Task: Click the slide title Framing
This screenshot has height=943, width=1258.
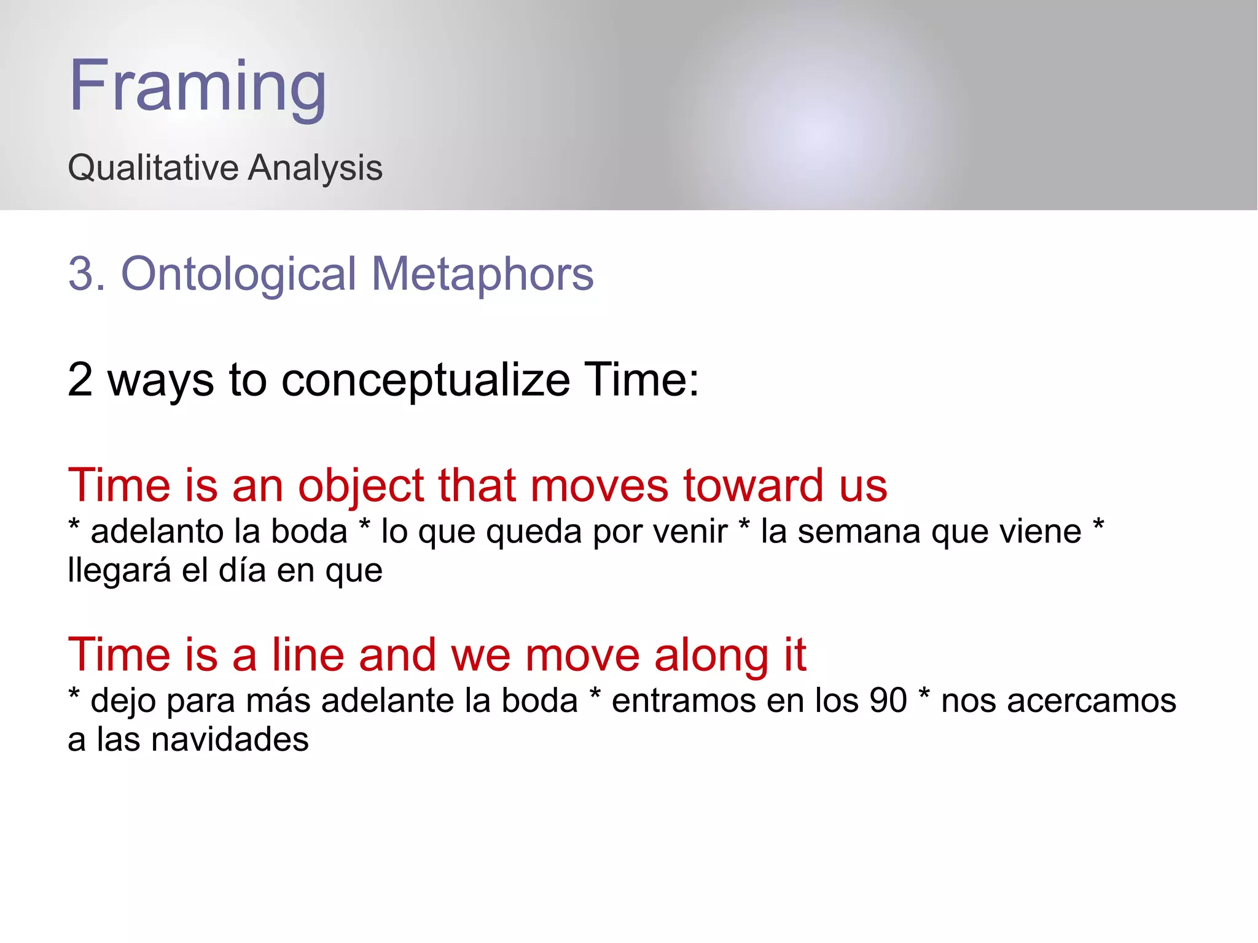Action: pos(197,86)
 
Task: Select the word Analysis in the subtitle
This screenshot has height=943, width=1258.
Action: pos(314,168)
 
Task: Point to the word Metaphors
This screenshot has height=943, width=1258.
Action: pos(483,274)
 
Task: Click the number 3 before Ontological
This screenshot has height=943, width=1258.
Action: pos(80,274)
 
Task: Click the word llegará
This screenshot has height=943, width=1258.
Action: pos(119,571)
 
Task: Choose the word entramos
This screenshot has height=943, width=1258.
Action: pos(698,701)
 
